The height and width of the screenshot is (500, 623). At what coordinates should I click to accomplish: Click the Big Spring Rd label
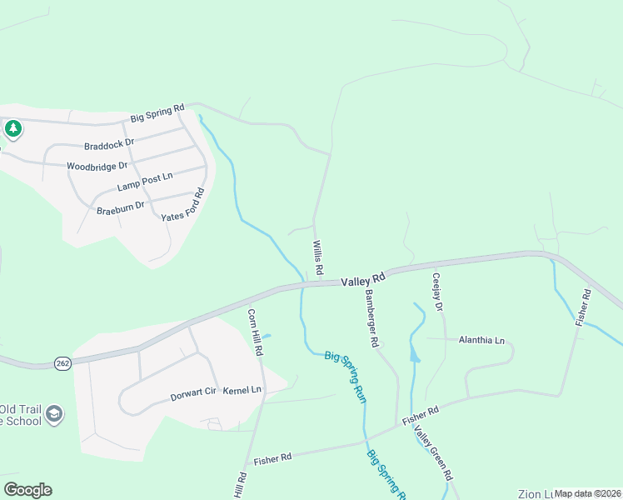coord(157,115)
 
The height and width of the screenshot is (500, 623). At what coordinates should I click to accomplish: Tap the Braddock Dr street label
coord(109,143)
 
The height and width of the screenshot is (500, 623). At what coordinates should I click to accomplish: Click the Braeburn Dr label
coord(121,206)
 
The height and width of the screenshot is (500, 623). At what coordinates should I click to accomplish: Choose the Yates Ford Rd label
coord(182,205)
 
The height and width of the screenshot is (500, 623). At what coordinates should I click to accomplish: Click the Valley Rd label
coord(363,279)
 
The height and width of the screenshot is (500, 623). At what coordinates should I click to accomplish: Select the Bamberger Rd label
coord(372,319)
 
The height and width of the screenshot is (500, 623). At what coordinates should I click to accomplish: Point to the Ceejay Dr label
coord(437,291)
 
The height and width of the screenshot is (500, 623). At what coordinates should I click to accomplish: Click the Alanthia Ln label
coord(481,340)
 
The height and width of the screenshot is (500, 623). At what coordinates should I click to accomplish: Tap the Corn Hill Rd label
coord(255,332)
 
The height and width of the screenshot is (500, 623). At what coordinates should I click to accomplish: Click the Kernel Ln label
coord(244,390)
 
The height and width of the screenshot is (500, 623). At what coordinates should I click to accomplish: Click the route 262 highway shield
coord(63,363)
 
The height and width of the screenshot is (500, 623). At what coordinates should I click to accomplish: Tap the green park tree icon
coord(12,128)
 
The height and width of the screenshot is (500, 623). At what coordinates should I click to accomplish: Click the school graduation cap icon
coord(55,415)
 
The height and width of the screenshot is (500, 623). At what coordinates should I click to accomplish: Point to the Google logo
coord(27,490)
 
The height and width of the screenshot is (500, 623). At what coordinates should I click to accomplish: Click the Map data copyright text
coord(587,493)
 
